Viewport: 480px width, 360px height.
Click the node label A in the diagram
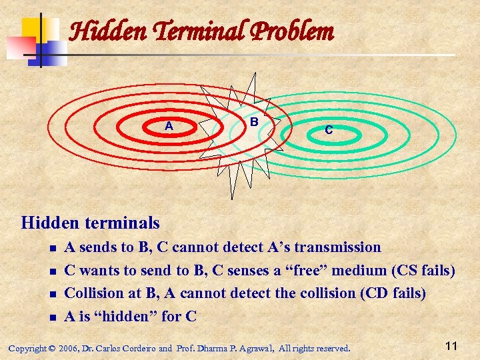pyautogui.click(x=169, y=126)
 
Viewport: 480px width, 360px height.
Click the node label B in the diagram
pyautogui.click(x=254, y=122)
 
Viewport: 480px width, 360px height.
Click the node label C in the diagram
pyautogui.click(x=329, y=131)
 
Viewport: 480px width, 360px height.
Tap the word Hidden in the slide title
pyautogui.click(x=101, y=31)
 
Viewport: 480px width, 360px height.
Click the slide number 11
pyautogui.click(x=451, y=345)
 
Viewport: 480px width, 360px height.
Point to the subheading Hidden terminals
pyautogui.click(x=91, y=222)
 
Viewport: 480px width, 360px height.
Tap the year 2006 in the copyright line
pyautogui.click(x=67, y=348)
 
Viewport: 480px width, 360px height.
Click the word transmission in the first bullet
pyautogui.click(x=337, y=247)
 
